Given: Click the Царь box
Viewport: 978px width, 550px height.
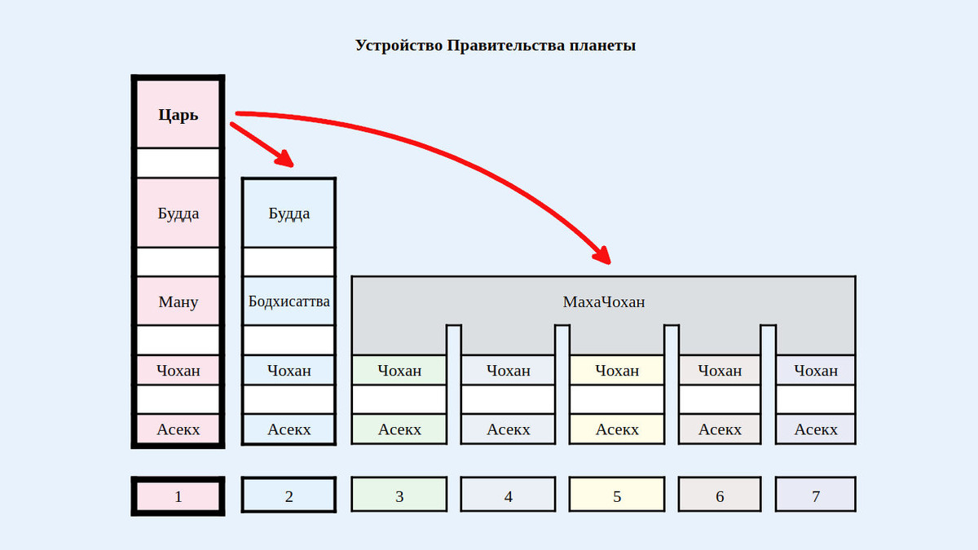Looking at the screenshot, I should (178, 114).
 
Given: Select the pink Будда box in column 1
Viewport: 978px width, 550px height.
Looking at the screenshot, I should (178, 213).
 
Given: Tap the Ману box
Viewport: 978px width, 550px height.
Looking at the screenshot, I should (178, 301).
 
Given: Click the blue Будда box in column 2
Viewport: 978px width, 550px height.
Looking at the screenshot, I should (289, 213).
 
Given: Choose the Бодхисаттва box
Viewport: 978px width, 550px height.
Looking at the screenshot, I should (289, 301).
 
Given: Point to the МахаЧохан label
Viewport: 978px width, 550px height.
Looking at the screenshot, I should (603, 302).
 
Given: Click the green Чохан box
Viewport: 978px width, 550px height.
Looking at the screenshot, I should (399, 371).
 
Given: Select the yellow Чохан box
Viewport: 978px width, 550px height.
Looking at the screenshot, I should (617, 371).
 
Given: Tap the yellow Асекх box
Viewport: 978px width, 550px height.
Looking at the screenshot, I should (617, 429).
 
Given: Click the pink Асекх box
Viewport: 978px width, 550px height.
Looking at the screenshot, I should (178, 429).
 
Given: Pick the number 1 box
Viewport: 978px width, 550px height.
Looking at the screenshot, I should (178, 495).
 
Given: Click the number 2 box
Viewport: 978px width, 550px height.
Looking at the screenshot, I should (289, 495).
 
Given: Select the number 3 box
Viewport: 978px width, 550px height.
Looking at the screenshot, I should (399, 495).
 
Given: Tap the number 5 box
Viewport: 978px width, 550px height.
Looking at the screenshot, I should (617, 495).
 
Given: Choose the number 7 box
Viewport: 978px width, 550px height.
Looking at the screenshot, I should (816, 495).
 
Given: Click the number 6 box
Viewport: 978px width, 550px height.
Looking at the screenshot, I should (720, 495).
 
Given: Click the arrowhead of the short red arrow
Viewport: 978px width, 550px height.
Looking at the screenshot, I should (284, 160).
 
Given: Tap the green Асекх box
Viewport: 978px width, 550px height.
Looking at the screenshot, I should (399, 429).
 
